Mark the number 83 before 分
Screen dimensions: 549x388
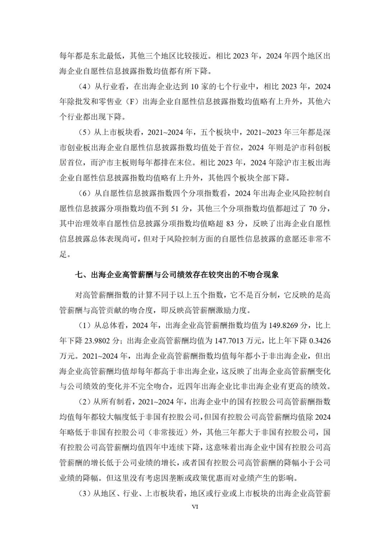click(x=230, y=223)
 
